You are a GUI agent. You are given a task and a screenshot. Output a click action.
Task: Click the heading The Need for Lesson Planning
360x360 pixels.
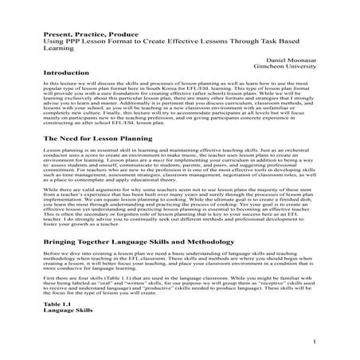tap(92, 139)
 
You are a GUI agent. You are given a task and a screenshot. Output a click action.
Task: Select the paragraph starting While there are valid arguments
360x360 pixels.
tap(179, 209)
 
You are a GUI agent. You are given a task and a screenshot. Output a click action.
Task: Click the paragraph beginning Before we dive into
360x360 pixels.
tap(179, 264)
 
